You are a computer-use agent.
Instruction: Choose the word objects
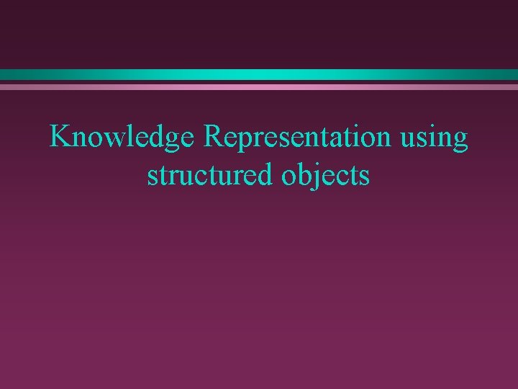point(328,176)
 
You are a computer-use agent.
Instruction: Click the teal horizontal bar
point(259,74)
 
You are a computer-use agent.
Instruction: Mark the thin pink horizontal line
point(259,86)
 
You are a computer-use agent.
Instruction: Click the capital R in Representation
point(215,136)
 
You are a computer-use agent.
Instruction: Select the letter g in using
point(460,141)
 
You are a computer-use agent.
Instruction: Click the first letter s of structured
point(152,177)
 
